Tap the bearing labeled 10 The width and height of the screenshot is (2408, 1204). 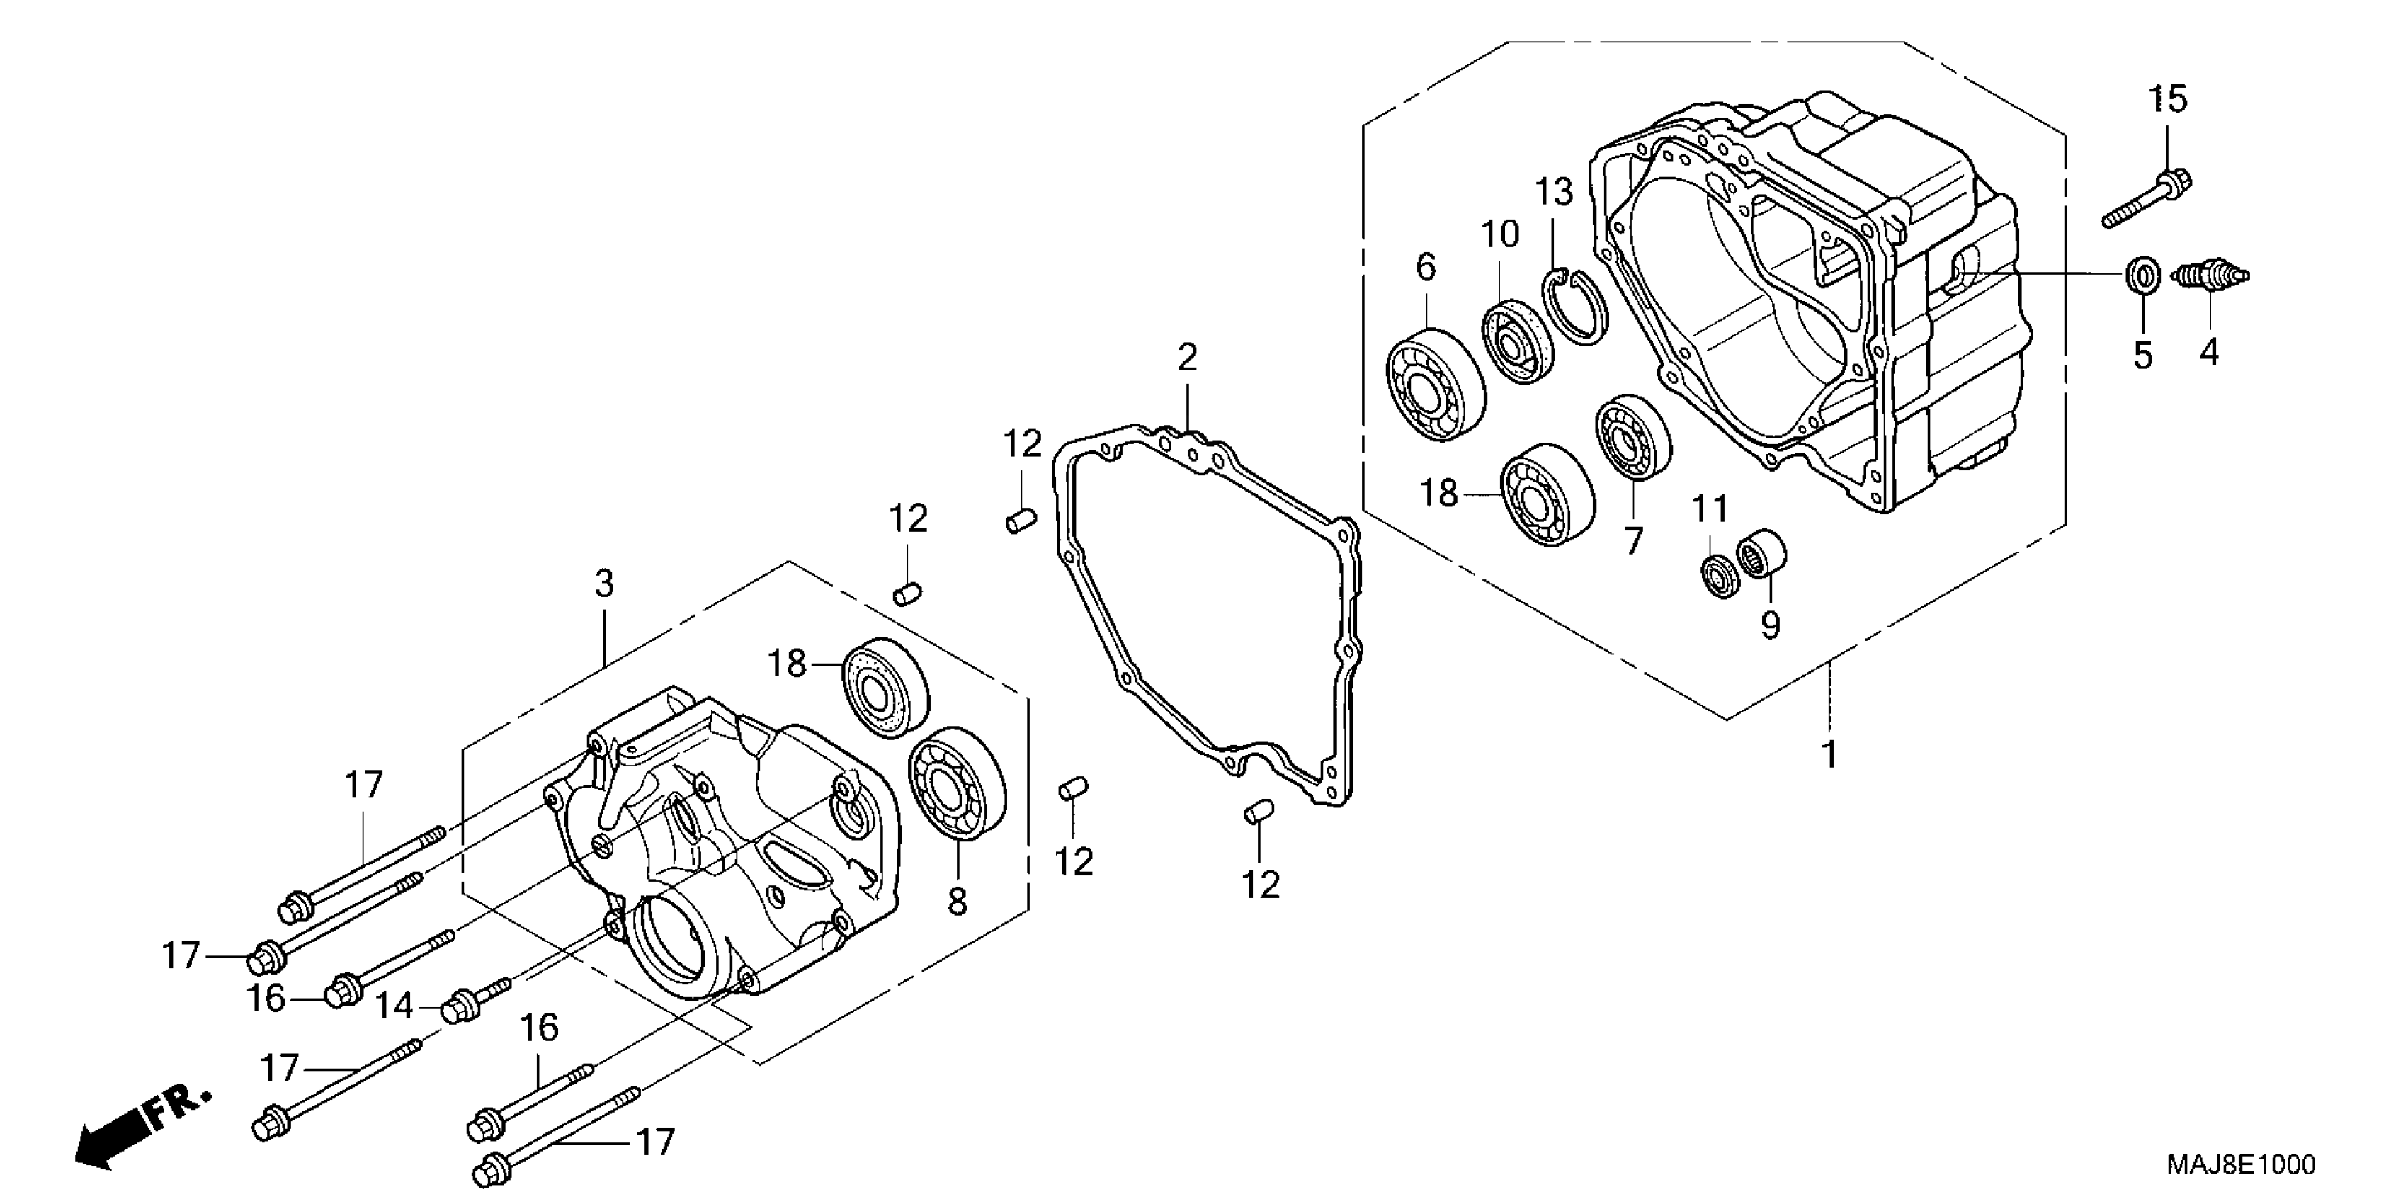pos(1516,341)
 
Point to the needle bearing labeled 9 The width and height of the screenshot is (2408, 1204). pos(1761,552)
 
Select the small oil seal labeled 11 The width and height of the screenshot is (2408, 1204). pos(1718,576)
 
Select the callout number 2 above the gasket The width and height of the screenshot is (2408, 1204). pos(1186,356)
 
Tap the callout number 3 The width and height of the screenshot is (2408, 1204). pos(605,584)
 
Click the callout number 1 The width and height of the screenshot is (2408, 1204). pos(1830,754)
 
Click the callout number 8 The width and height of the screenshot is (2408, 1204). pos(958,901)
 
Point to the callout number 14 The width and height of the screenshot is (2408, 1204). pos(394,1006)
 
